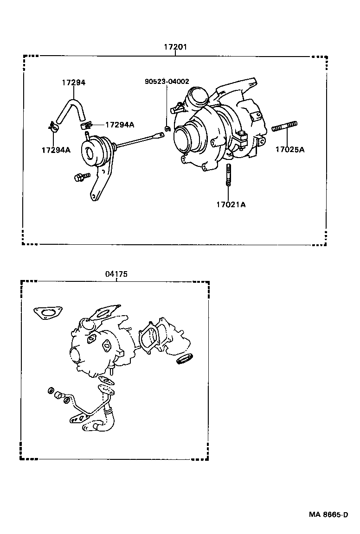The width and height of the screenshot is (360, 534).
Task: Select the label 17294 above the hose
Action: pyautogui.click(x=74, y=83)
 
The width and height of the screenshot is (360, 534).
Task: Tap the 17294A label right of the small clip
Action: pyautogui.click(x=120, y=125)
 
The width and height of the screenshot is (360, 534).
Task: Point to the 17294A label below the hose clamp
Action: pyautogui.click(x=56, y=150)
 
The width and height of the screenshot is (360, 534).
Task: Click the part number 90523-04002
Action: pyautogui.click(x=167, y=82)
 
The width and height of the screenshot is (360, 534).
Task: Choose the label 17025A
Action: pyautogui.click(x=290, y=149)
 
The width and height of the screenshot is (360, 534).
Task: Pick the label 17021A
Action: pyautogui.click(x=230, y=204)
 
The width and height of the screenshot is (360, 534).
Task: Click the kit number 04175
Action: pyautogui.click(x=116, y=274)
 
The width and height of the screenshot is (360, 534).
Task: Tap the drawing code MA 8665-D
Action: pyautogui.click(x=329, y=515)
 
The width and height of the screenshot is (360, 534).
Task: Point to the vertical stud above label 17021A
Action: pyautogui.click(x=228, y=176)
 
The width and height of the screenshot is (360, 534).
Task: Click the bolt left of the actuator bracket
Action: pyautogui.click(x=80, y=177)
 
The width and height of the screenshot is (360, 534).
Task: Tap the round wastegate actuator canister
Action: pyautogui.click(x=93, y=150)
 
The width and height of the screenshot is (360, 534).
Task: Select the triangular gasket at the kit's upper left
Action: pyautogui.click(x=45, y=313)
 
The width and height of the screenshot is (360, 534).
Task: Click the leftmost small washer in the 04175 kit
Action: pyautogui.click(x=51, y=391)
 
